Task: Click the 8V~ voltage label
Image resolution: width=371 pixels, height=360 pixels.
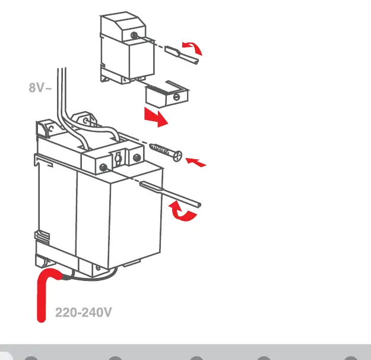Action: (x=40, y=88)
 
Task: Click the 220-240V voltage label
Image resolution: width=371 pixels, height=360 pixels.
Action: (x=83, y=312)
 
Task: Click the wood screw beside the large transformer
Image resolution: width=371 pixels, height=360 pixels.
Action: (x=166, y=152)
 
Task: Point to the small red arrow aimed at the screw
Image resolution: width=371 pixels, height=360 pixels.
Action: (x=195, y=162)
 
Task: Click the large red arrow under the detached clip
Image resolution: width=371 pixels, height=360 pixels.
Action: (x=156, y=117)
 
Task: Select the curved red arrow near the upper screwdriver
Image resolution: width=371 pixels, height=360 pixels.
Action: (x=193, y=48)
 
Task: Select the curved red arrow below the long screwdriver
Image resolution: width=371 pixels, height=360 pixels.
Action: (x=182, y=211)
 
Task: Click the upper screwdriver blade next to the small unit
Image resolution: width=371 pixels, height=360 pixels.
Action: (x=182, y=55)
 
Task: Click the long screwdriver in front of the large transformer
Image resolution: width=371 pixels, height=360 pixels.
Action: (x=170, y=194)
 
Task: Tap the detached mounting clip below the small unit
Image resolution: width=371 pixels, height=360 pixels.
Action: (x=167, y=94)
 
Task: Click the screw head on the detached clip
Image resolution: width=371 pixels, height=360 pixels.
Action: (x=176, y=97)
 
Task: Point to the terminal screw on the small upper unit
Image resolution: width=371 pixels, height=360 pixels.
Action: (x=134, y=36)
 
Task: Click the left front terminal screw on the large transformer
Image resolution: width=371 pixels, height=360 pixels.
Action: (x=103, y=167)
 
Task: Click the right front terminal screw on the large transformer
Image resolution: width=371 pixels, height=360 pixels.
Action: (x=137, y=157)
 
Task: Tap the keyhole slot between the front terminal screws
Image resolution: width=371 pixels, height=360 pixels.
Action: (x=118, y=158)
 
